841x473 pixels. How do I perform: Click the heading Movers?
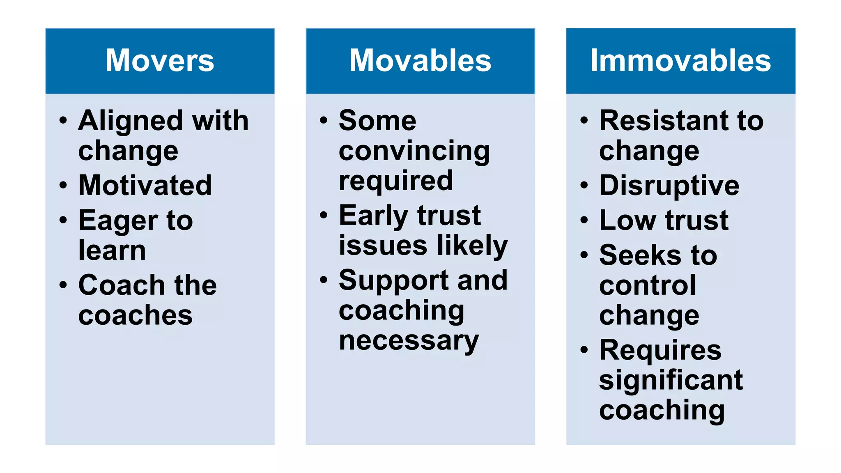point(160,60)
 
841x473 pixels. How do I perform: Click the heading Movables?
point(420,60)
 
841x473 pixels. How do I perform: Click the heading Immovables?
point(680,60)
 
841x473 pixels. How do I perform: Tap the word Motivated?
point(145,185)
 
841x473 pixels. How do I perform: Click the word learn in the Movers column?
point(112,250)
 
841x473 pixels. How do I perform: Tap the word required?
point(395,181)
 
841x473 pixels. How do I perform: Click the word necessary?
point(409,341)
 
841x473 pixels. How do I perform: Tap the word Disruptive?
point(669,186)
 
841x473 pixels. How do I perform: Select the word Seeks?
point(640,255)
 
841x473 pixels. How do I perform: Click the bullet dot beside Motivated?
point(63,185)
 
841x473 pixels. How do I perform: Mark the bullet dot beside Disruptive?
point(584,185)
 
